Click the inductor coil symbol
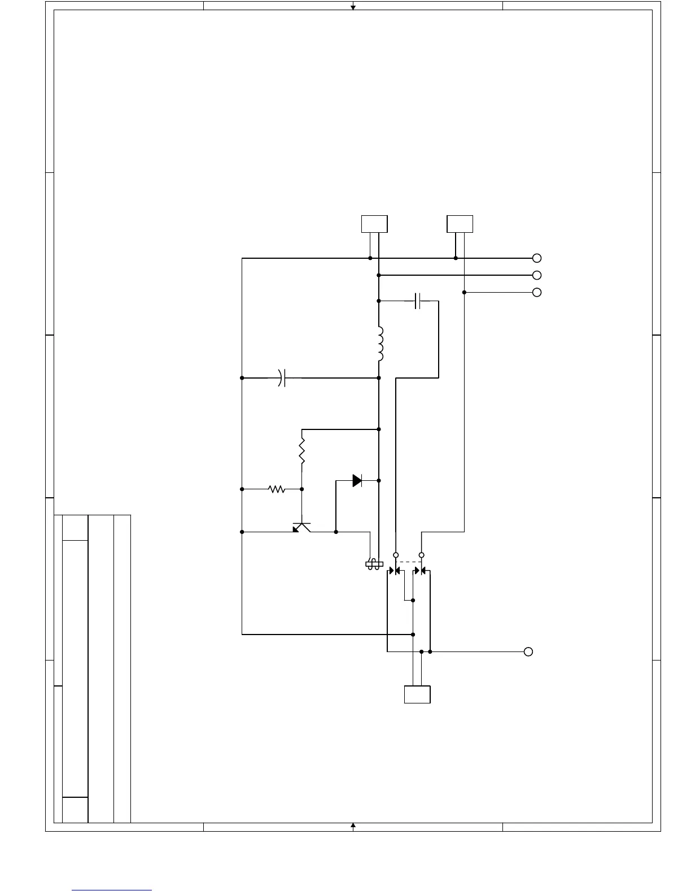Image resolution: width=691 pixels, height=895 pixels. [x=380, y=344]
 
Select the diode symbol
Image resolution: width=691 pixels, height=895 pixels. [x=357, y=481]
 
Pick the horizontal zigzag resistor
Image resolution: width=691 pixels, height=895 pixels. [x=277, y=489]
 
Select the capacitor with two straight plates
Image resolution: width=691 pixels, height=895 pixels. [x=418, y=301]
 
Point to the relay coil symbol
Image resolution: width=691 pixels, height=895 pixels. [x=374, y=564]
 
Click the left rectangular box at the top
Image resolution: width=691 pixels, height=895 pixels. [x=374, y=224]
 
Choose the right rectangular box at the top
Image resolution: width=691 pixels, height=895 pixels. [x=460, y=224]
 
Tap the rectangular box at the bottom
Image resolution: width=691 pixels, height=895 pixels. [x=417, y=694]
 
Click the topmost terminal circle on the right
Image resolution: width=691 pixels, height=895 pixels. [x=537, y=258]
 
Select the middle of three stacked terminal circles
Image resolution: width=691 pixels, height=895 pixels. [x=537, y=275]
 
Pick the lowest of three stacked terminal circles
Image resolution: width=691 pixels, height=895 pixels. [x=537, y=292]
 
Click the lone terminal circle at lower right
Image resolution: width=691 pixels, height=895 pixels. [x=528, y=651]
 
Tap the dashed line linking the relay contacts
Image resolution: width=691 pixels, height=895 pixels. [x=409, y=562]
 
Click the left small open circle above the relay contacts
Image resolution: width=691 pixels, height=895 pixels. [x=396, y=555]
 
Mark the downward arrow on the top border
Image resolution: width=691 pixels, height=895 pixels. [x=353, y=7]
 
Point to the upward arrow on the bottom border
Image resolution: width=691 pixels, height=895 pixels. [x=353, y=826]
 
